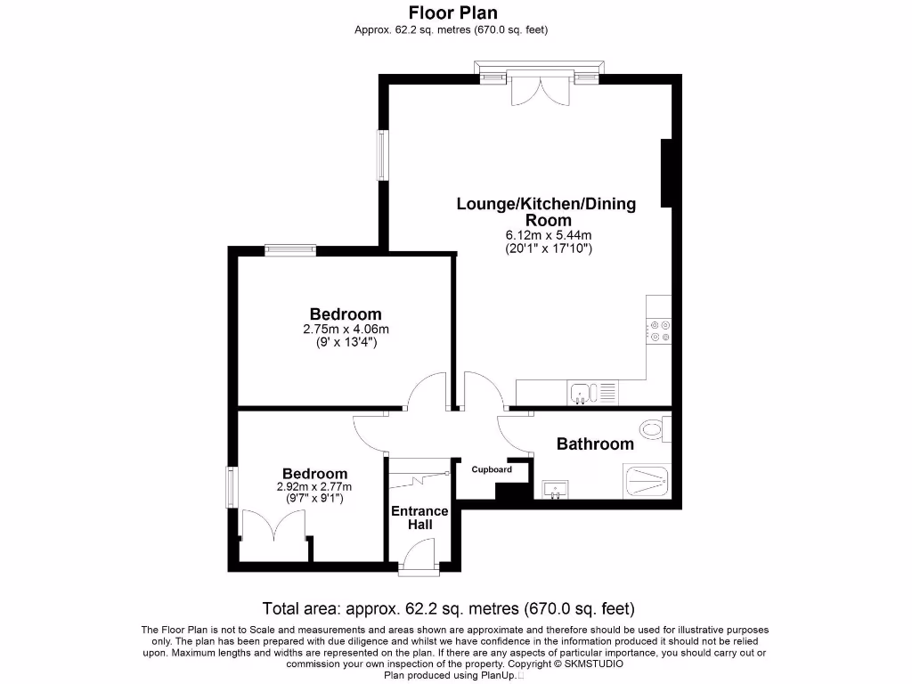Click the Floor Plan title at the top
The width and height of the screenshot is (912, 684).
pos(452,12)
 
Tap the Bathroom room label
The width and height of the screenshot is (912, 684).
pos(595,444)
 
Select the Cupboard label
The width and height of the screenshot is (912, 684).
pos(492,469)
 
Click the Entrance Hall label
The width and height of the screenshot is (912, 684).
pos(419,518)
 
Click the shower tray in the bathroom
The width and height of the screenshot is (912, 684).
pos(647,482)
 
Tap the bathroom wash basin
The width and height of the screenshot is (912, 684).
pos(555,488)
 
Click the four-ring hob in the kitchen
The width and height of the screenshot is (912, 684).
pos(660,330)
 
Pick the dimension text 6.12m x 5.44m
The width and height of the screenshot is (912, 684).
pos(547,235)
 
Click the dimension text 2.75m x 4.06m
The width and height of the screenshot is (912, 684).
pos(346,329)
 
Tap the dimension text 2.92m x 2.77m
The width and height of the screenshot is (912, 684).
pos(314,486)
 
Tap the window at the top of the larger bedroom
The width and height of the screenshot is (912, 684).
pos(290,250)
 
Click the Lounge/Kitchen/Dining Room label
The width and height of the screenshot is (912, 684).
pos(547,212)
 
